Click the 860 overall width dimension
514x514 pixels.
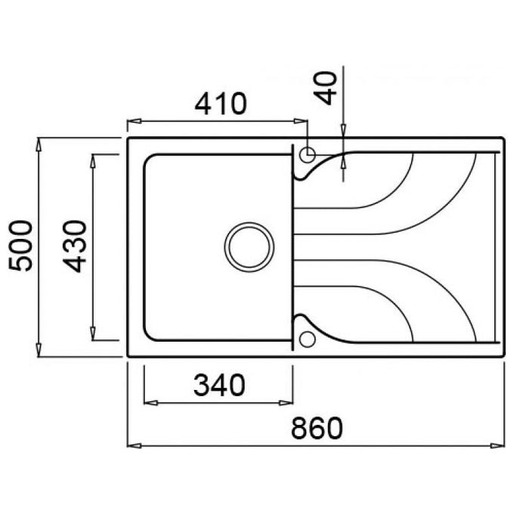point(317,429)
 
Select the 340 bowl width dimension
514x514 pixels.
point(219,385)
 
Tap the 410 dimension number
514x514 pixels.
point(220,104)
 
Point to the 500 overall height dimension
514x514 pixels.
point(20,246)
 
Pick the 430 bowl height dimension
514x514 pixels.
point(75,246)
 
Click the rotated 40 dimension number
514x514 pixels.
point(325,88)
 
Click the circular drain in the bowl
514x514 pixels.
point(249,247)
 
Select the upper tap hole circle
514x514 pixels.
point(308,155)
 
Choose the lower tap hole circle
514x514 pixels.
point(308,339)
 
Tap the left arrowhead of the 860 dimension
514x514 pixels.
point(134,446)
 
